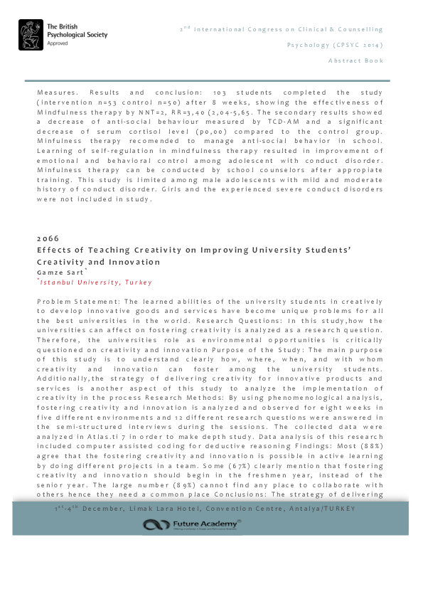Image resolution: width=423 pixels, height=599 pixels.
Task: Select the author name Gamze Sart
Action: [60, 272]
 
